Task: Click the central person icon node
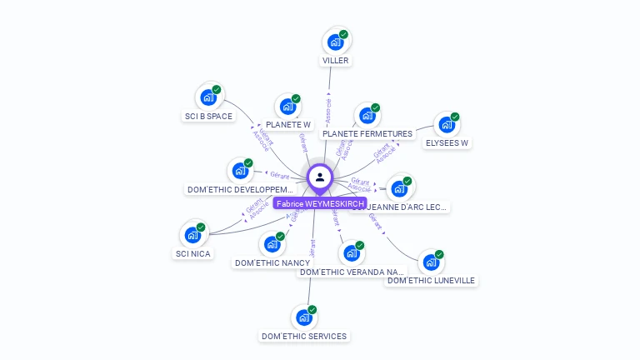click(x=320, y=177)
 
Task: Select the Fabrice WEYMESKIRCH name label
click(x=320, y=203)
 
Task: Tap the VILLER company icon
click(x=335, y=42)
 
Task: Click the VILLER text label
click(x=336, y=61)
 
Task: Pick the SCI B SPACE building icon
click(x=208, y=97)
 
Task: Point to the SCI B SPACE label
click(x=208, y=117)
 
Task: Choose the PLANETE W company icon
click(x=287, y=107)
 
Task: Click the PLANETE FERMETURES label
click(x=367, y=134)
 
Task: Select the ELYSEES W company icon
click(x=447, y=125)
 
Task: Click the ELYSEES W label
click(x=447, y=143)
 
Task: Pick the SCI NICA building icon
click(x=192, y=235)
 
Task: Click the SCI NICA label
click(x=193, y=253)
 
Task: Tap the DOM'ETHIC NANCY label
click(x=272, y=263)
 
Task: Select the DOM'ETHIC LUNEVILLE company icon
click(x=430, y=262)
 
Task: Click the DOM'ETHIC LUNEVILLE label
click(x=432, y=281)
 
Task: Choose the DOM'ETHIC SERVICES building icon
click(x=303, y=317)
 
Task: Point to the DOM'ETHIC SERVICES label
click(x=304, y=337)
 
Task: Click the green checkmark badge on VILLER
click(x=343, y=35)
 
